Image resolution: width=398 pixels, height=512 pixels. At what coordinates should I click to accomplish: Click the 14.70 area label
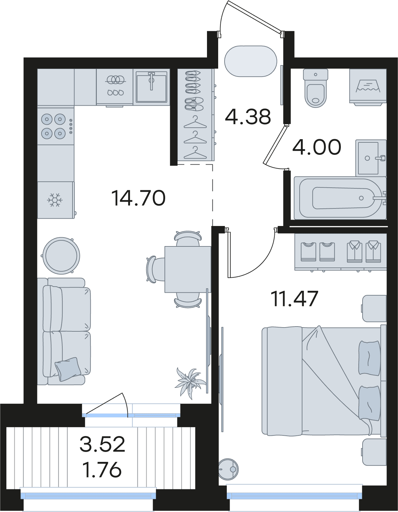click(138, 198)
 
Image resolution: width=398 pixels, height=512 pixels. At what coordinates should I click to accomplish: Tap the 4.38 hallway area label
click(248, 117)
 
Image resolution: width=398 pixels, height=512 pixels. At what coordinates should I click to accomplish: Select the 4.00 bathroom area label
click(317, 147)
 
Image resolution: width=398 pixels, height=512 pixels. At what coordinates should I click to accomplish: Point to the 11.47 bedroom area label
click(295, 298)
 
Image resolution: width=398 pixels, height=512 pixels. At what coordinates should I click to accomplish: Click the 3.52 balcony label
click(102, 444)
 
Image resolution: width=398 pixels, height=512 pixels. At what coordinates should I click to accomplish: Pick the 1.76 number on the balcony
click(102, 470)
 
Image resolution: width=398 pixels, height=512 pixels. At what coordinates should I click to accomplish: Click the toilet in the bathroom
click(316, 88)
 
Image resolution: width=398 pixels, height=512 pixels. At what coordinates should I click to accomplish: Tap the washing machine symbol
click(368, 87)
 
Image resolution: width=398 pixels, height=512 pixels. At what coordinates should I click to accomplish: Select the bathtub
click(340, 198)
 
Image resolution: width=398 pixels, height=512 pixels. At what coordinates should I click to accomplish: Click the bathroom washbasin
click(371, 158)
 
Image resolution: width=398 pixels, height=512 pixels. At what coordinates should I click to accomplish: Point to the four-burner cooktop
click(56, 126)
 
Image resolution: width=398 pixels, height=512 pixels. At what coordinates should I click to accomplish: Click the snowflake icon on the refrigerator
click(55, 200)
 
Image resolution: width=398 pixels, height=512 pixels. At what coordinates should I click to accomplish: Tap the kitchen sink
click(151, 87)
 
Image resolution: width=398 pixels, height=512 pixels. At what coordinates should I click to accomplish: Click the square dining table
click(188, 269)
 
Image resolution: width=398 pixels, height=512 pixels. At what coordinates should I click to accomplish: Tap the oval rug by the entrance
click(251, 61)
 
